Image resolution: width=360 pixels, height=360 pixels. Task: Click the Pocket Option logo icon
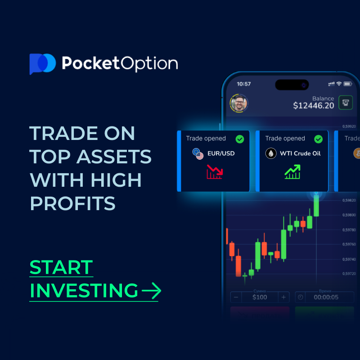click(42, 63)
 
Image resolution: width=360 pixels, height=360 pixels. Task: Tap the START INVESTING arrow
click(151, 291)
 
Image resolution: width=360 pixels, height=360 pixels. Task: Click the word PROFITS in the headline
click(72, 203)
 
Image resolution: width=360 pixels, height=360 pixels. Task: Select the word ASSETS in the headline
click(114, 157)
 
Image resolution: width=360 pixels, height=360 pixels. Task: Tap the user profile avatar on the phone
click(238, 103)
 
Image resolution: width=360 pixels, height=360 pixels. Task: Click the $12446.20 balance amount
click(314, 106)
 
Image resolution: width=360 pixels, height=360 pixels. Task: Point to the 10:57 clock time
click(243, 84)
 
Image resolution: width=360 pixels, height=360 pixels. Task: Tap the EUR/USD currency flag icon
click(198, 153)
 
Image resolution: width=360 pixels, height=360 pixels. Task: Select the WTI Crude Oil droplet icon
click(271, 153)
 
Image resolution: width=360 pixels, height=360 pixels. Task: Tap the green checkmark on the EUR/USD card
click(240, 139)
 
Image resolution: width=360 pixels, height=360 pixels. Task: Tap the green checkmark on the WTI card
click(318, 139)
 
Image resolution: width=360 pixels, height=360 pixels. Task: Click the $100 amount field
click(260, 297)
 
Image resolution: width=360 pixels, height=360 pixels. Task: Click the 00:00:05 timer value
click(326, 297)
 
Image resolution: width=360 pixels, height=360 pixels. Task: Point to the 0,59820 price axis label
click(349, 200)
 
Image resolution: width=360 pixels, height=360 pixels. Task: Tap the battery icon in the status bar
click(347, 84)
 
